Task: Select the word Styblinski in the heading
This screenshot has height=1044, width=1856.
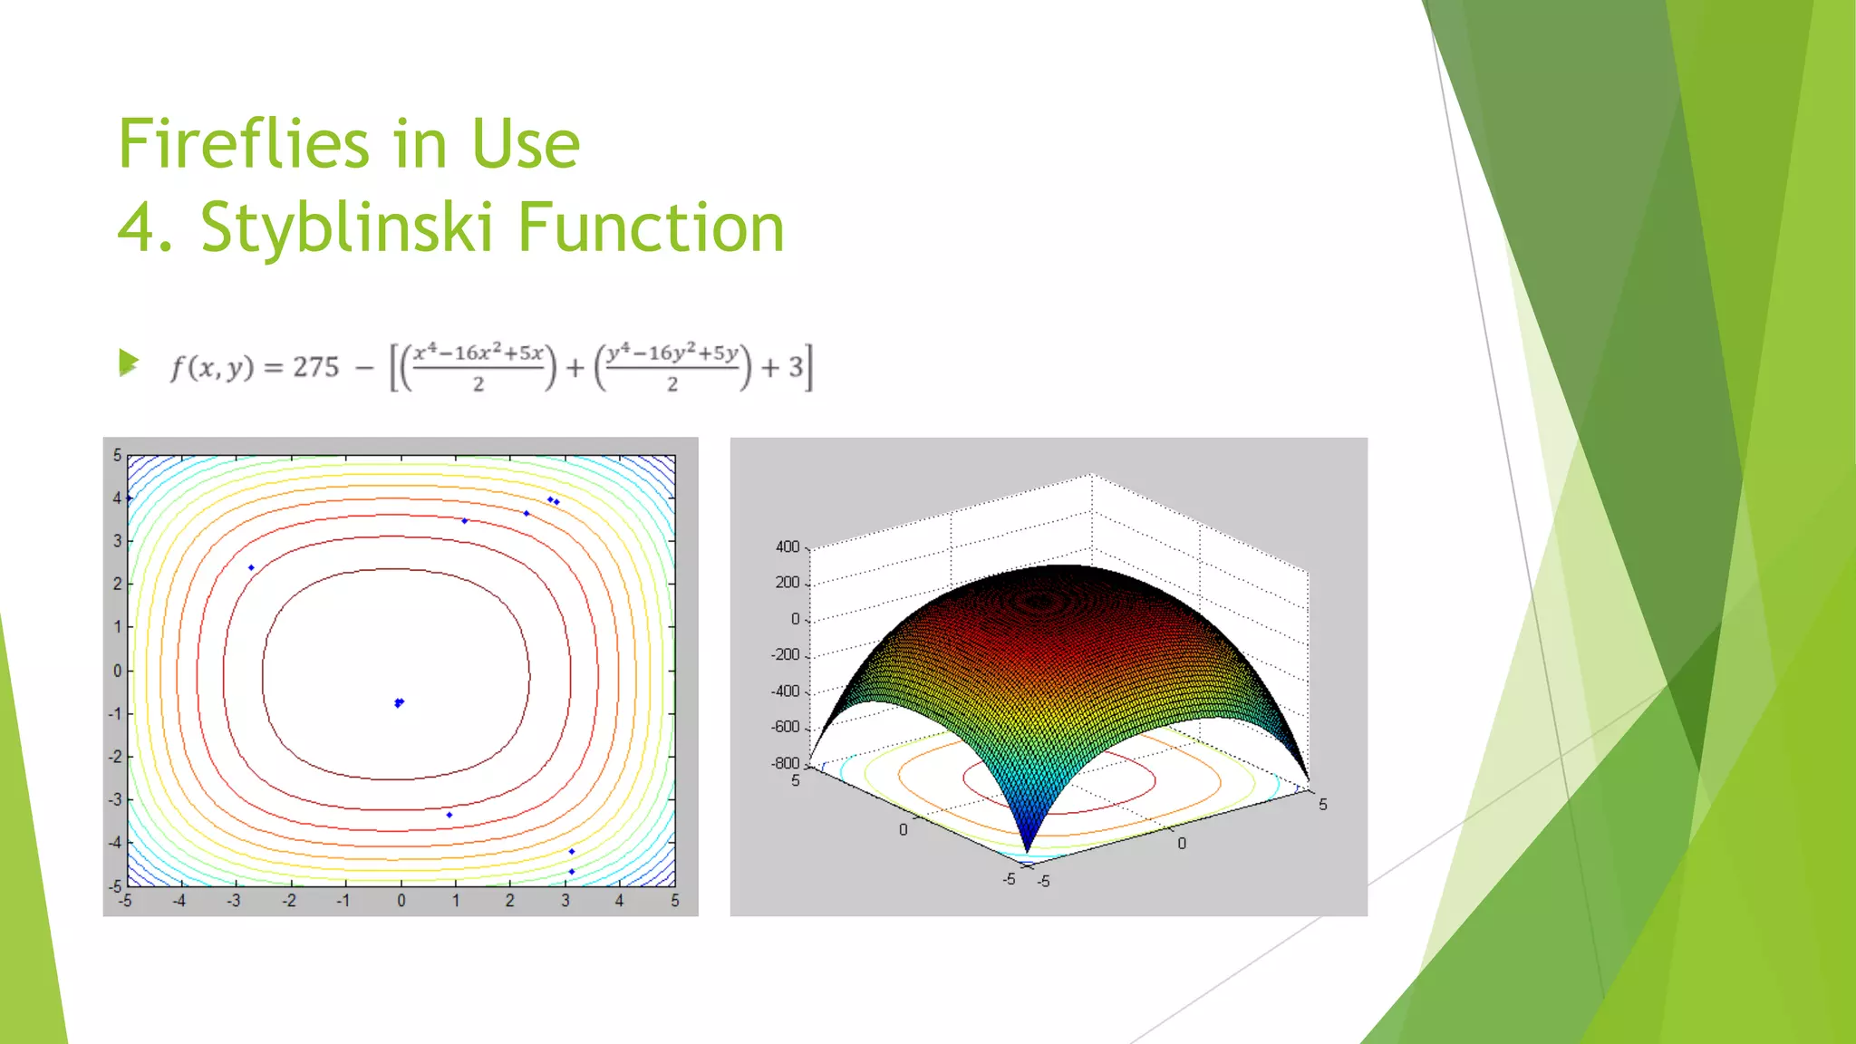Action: click(x=346, y=227)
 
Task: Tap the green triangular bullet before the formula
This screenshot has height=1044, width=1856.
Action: click(x=129, y=363)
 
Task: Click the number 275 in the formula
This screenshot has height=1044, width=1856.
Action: click(x=315, y=367)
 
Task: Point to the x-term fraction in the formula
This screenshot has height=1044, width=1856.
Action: click(x=478, y=367)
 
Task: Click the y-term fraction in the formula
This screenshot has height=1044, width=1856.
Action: click(x=672, y=367)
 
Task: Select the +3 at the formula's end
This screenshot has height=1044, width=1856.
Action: click(x=784, y=367)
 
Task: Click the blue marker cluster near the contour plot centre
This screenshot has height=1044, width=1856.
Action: click(x=399, y=702)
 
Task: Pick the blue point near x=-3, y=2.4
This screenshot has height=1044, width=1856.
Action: click(x=251, y=568)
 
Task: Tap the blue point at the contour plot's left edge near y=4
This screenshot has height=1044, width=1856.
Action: click(x=130, y=498)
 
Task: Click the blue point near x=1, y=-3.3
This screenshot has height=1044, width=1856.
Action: click(x=449, y=815)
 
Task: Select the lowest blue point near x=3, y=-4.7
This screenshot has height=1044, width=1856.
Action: click(x=572, y=872)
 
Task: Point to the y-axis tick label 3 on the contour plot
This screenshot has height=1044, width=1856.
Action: click(x=117, y=541)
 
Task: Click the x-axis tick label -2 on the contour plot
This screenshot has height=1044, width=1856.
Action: click(x=289, y=901)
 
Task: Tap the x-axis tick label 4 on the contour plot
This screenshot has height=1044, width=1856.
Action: click(x=619, y=901)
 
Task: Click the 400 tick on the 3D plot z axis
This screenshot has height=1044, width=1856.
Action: click(x=787, y=546)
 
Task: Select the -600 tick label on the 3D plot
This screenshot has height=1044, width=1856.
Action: click(x=785, y=727)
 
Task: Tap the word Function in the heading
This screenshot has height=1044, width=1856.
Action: click(x=651, y=227)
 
